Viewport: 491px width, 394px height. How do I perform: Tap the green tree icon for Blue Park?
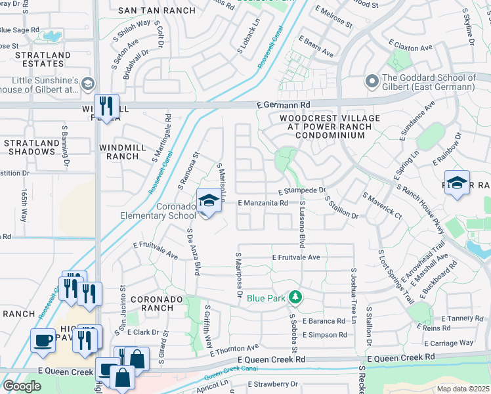coord(296,297)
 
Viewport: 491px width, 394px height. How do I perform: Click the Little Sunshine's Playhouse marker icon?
coord(88,83)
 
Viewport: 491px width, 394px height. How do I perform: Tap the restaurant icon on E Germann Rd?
coord(106,106)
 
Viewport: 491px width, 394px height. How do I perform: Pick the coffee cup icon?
coord(43,341)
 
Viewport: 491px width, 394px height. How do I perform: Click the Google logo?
coord(22,385)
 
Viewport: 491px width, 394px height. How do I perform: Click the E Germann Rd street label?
coord(283,105)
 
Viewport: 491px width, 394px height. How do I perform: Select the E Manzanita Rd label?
coord(263,204)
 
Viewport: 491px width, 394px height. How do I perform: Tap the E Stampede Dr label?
coord(302,191)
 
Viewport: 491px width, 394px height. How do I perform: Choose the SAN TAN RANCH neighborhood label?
coord(156,11)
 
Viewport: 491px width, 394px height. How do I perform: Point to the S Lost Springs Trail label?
coord(395,276)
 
